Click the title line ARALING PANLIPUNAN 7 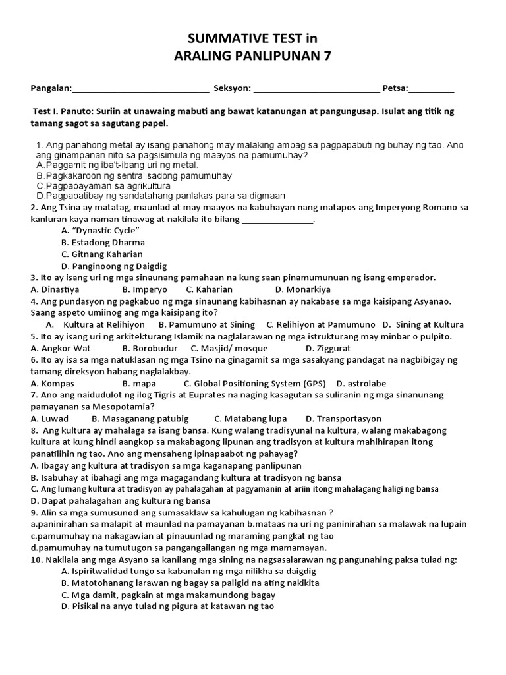(253, 56)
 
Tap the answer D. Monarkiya (303, 289)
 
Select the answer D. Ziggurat (328, 348)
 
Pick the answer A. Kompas (53, 384)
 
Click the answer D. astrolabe (361, 384)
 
